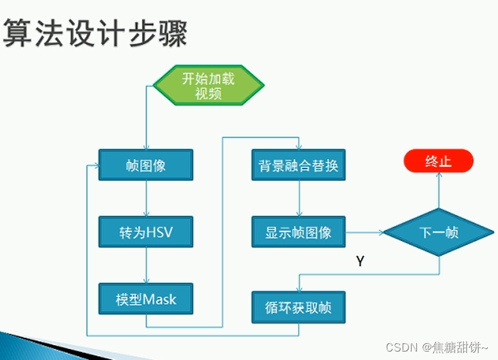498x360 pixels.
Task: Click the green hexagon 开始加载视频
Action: (x=208, y=86)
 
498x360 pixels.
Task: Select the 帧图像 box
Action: (x=145, y=165)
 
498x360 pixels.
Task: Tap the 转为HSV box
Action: (x=145, y=232)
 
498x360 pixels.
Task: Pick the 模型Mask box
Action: (x=145, y=300)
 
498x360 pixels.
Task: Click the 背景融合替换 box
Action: (x=299, y=165)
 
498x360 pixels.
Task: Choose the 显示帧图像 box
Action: (x=299, y=232)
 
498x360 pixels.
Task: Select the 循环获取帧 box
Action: (x=299, y=307)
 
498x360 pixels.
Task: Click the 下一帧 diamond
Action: (x=438, y=232)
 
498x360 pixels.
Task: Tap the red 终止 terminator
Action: (x=438, y=161)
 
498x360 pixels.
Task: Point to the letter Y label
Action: (x=360, y=261)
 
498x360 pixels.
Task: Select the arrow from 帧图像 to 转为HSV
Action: (x=146, y=198)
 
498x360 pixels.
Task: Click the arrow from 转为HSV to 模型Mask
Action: (x=146, y=265)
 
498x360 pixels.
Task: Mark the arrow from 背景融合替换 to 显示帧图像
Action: (x=299, y=198)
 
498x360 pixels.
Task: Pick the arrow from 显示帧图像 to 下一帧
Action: (x=364, y=232)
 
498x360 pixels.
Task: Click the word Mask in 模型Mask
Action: (x=160, y=300)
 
